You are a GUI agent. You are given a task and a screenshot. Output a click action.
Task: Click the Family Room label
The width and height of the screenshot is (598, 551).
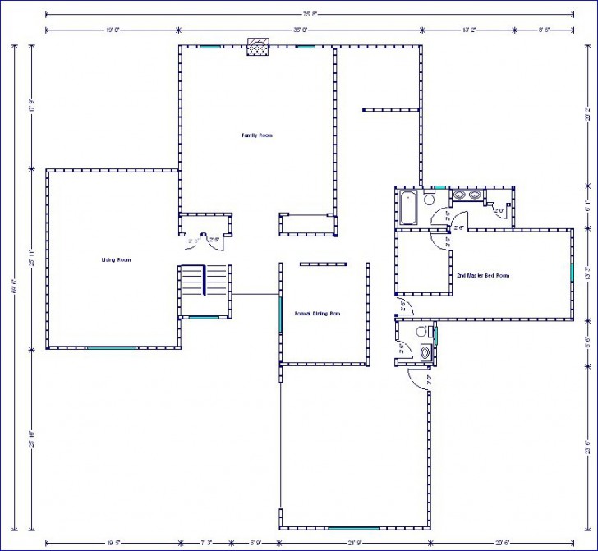coord(256,135)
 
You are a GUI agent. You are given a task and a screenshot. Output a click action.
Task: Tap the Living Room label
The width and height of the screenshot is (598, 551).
coord(116,259)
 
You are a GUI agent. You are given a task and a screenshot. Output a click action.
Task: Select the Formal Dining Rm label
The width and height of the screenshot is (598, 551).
coord(317,314)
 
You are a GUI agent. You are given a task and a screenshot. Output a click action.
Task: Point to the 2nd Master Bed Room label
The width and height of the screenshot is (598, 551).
coord(483,276)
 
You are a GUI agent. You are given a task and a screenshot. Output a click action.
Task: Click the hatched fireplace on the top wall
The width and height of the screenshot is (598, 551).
coord(260,48)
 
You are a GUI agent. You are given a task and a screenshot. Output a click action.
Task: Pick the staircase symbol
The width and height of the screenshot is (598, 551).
coord(193,281)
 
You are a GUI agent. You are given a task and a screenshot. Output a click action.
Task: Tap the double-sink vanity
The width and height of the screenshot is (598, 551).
coord(466,195)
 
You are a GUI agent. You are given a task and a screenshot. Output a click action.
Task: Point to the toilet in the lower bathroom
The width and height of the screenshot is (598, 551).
coord(421,331)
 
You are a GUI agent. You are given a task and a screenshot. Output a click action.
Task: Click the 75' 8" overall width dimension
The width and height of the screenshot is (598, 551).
coord(310,14)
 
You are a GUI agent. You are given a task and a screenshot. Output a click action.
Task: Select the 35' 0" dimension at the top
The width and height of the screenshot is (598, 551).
coord(300,30)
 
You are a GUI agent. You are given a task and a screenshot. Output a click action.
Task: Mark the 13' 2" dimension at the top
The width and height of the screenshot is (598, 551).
coord(469,30)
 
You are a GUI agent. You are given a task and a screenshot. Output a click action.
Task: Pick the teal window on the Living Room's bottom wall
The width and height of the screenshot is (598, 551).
coord(112,348)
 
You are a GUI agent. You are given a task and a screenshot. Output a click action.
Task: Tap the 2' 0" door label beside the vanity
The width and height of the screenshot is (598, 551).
coord(498,211)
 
